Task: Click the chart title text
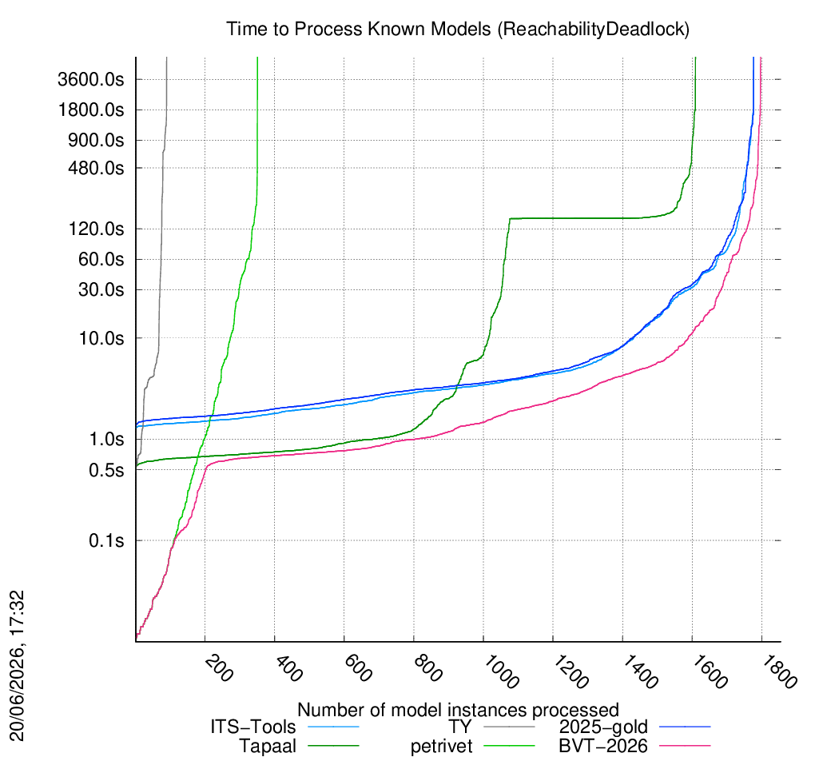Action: (x=457, y=29)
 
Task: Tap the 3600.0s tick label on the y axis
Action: (x=91, y=80)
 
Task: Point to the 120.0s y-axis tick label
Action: (x=96, y=229)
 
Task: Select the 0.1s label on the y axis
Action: (x=106, y=541)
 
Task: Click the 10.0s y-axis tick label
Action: (x=101, y=338)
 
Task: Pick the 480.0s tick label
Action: (x=96, y=168)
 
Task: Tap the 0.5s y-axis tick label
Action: (x=106, y=470)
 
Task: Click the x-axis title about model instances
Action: (x=458, y=710)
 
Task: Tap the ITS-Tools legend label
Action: (x=253, y=727)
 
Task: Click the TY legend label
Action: (x=460, y=727)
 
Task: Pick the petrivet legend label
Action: (x=441, y=747)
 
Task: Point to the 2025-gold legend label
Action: (x=603, y=727)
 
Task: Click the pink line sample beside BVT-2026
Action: (x=685, y=746)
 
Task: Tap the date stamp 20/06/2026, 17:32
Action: (x=17, y=665)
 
